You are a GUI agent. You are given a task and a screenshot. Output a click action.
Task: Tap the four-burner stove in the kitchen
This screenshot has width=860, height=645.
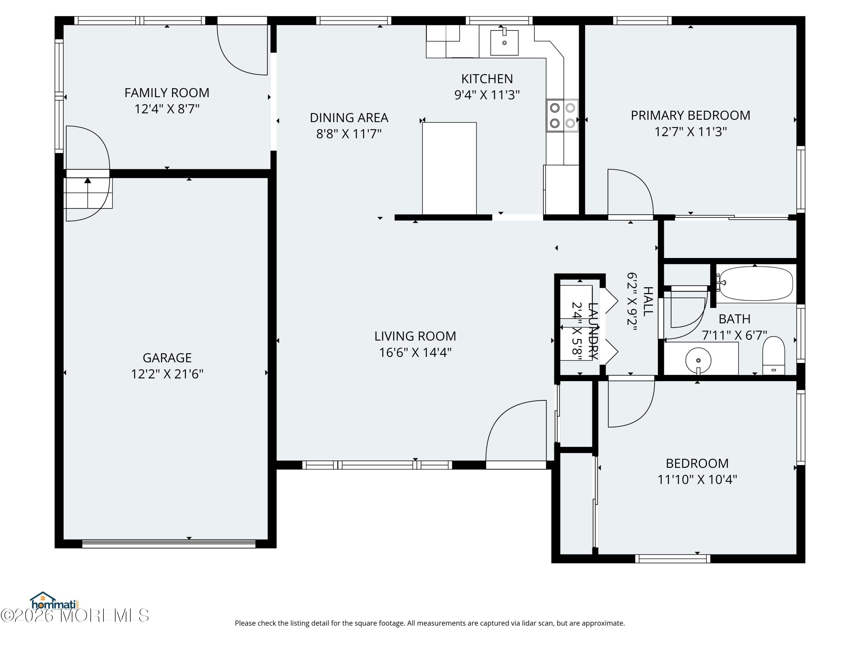click(x=562, y=116)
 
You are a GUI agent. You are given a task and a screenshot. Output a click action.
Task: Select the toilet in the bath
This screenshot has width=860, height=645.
click(x=774, y=355)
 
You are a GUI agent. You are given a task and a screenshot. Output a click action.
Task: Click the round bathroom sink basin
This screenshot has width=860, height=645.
click(x=698, y=360)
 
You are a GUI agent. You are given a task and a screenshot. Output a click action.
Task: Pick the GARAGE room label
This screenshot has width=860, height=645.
click(x=167, y=358)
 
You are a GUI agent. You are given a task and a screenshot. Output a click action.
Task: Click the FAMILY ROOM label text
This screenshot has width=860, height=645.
click(x=167, y=93)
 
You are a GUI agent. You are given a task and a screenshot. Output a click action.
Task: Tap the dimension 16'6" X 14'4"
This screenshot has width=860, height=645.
click(x=415, y=352)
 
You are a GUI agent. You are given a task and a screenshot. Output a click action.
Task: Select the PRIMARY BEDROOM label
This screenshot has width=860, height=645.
click(x=691, y=116)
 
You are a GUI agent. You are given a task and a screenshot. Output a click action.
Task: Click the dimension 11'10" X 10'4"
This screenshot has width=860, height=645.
click(x=697, y=479)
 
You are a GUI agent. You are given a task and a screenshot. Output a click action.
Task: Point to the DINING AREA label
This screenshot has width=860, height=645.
click(x=349, y=118)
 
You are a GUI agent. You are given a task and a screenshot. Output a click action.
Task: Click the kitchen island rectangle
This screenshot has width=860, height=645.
click(x=449, y=168)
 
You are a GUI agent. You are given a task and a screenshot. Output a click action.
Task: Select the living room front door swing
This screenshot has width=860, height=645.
click(x=516, y=430)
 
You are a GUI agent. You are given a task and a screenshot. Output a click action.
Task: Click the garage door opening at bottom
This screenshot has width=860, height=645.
click(x=169, y=544)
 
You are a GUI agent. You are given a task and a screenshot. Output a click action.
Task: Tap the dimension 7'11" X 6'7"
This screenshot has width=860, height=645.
click(x=734, y=335)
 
